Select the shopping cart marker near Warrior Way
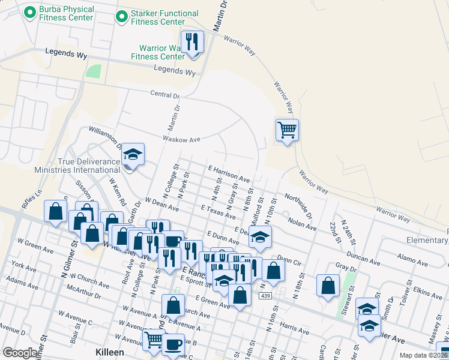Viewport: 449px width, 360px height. pos(288,130)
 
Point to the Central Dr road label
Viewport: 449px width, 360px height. pos(164,95)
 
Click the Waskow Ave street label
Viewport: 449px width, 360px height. pos(181,139)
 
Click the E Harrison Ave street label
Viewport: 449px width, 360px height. pos(228,175)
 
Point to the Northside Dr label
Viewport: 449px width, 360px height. pos(298,206)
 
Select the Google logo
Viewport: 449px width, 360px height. pos(20,353)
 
